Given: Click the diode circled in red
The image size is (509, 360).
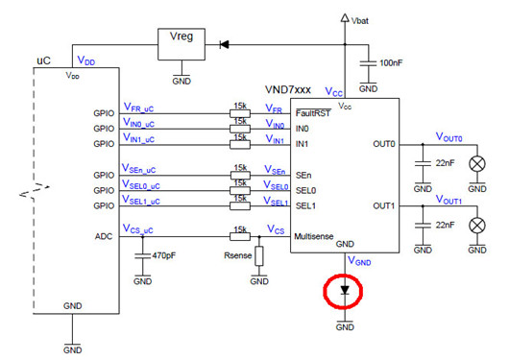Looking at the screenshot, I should click(x=344, y=289).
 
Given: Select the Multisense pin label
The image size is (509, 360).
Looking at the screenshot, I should click(x=318, y=235).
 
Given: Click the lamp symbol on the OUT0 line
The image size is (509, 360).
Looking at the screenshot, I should click(x=473, y=164).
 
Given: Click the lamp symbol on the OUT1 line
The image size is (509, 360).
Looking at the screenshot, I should click(x=473, y=225).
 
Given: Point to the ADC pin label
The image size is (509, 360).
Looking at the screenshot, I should click(x=105, y=235).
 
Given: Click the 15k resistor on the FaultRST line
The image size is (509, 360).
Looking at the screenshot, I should click(x=241, y=112).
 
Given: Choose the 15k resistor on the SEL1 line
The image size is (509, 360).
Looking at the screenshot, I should click(x=241, y=205).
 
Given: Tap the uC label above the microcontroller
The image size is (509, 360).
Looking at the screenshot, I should click(x=43, y=60).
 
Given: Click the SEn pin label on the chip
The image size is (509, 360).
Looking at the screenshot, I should click(x=303, y=175).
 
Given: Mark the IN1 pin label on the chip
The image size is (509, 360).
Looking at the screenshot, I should click(x=303, y=143).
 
